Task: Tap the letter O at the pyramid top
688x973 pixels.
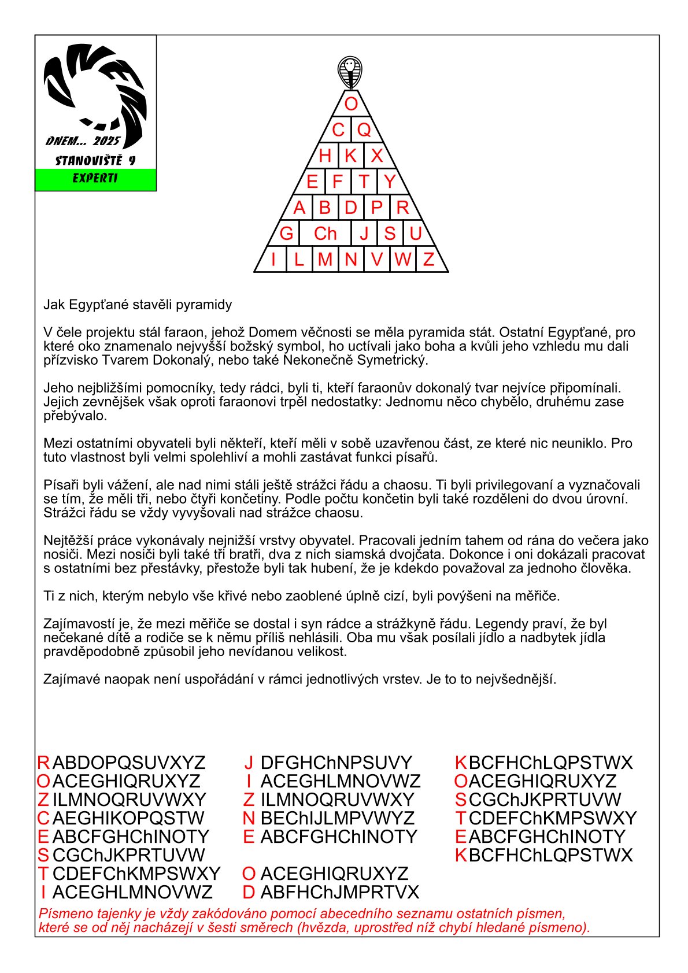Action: point(351,104)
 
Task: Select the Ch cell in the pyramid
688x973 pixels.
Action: point(325,234)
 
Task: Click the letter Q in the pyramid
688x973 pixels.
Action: point(364,130)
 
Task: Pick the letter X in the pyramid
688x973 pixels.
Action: point(377,156)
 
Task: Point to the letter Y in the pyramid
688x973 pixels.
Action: point(390,182)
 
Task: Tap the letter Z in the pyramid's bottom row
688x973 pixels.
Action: point(428,260)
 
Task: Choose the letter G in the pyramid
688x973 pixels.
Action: point(286,234)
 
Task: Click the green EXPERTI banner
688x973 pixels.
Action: point(95,179)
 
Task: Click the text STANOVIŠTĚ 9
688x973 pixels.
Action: point(95,161)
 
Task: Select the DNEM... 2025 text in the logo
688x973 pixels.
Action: point(83,142)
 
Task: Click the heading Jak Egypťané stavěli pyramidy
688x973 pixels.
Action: point(138,305)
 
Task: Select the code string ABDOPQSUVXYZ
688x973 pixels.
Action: point(129,763)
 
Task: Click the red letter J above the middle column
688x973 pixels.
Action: point(249,763)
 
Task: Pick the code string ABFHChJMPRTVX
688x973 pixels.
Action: point(339,892)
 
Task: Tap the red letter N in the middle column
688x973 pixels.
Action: point(249,818)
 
